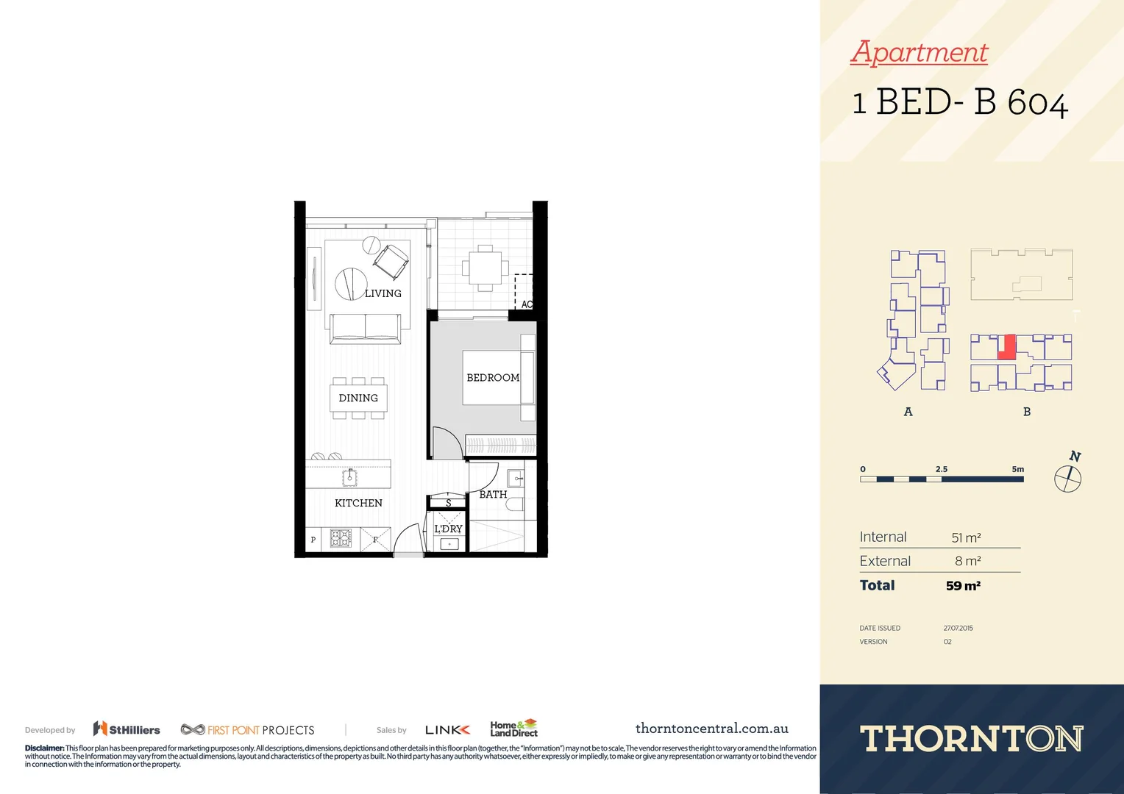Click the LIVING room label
pyautogui.click(x=383, y=293)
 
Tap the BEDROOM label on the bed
pyautogui.click(x=493, y=378)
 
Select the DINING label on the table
pyautogui.click(x=358, y=398)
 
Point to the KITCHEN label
pyautogui.click(x=358, y=503)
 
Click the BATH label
pyautogui.click(x=493, y=495)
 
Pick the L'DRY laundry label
pyautogui.click(x=448, y=529)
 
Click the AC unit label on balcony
pyautogui.click(x=527, y=304)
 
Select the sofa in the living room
pyautogui.click(x=366, y=329)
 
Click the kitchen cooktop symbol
pyautogui.click(x=341, y=539)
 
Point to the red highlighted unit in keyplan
pyautogui.click(x=1006, y=347)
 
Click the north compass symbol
pyautogui.click(x=1068, y=479)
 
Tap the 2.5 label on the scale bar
pyautogui.click(x=942, y=469)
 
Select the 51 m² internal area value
pyautogui.click(x=966, y=537)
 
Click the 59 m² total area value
pyautogui.click(x=963, y=586)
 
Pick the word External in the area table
pyautogui.click(x=885, y=561)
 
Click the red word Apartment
pyautogui.click(x=920, y=52)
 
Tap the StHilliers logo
pyautogui.click(x=127, y=729)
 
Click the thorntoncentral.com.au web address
pyautogui.click(x=711, y=729)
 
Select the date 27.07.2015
pyautogui.click(x=958, y=628)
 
